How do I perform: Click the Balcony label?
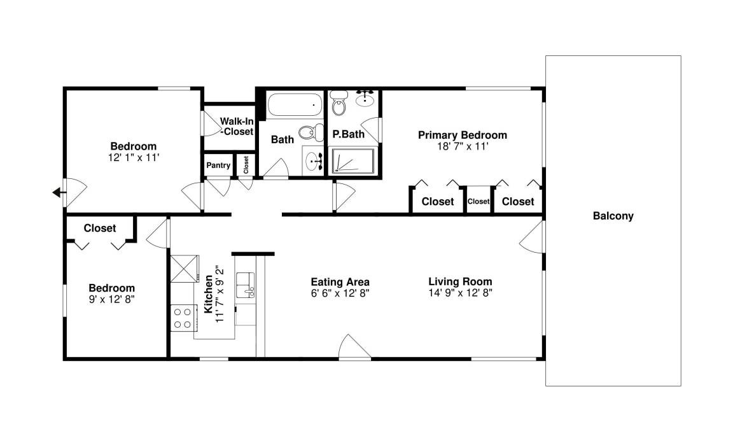coord(613,216)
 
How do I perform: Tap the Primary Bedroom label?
coord(463,135)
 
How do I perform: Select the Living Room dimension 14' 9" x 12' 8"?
coord(461,293)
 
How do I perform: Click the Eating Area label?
coord(340,282)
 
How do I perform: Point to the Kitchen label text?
coord(209,294)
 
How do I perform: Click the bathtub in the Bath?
coord(295,105)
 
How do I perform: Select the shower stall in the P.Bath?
coord(353,160)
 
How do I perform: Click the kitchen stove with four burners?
coord(183,318)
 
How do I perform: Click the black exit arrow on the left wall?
coord(58,192)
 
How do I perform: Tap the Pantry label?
coord(218,165)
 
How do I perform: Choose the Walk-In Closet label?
coord(237,127)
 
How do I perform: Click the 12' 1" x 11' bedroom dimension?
coord(134,158)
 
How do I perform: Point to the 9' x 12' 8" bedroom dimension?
coord(112,299)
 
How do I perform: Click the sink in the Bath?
coord(312,162)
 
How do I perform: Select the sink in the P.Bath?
coord(365,98)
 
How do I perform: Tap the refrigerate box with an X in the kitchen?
coord(184,269)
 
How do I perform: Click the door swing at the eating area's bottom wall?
coord(355,347)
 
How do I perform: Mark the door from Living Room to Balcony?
coord(532,237)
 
